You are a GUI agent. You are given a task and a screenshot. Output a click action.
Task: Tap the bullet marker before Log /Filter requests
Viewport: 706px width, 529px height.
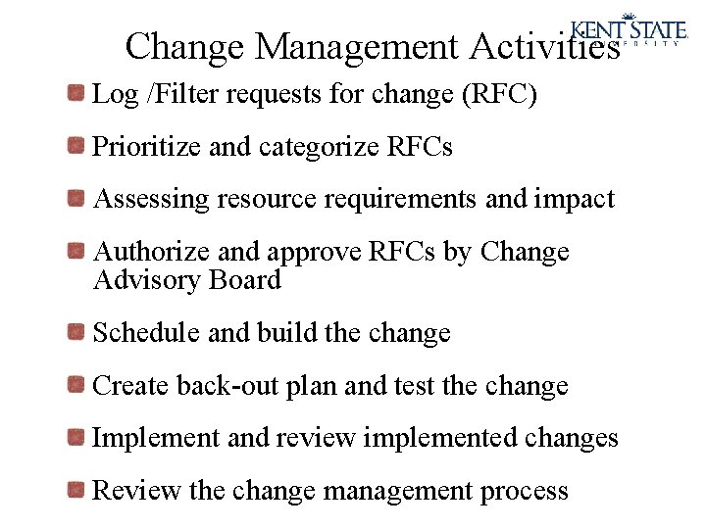click(76, 94)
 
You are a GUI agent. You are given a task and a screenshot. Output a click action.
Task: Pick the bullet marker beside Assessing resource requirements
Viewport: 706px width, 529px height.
click(76, 199)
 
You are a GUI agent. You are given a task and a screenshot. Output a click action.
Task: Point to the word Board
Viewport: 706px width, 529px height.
click(245, 280)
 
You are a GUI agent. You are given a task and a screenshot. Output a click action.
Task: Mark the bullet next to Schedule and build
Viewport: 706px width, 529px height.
click(76, 333)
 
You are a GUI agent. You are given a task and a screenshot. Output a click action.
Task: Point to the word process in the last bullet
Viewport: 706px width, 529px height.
click(525, 490)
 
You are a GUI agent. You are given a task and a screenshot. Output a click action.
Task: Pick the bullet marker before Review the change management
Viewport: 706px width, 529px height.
click(76, 489)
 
